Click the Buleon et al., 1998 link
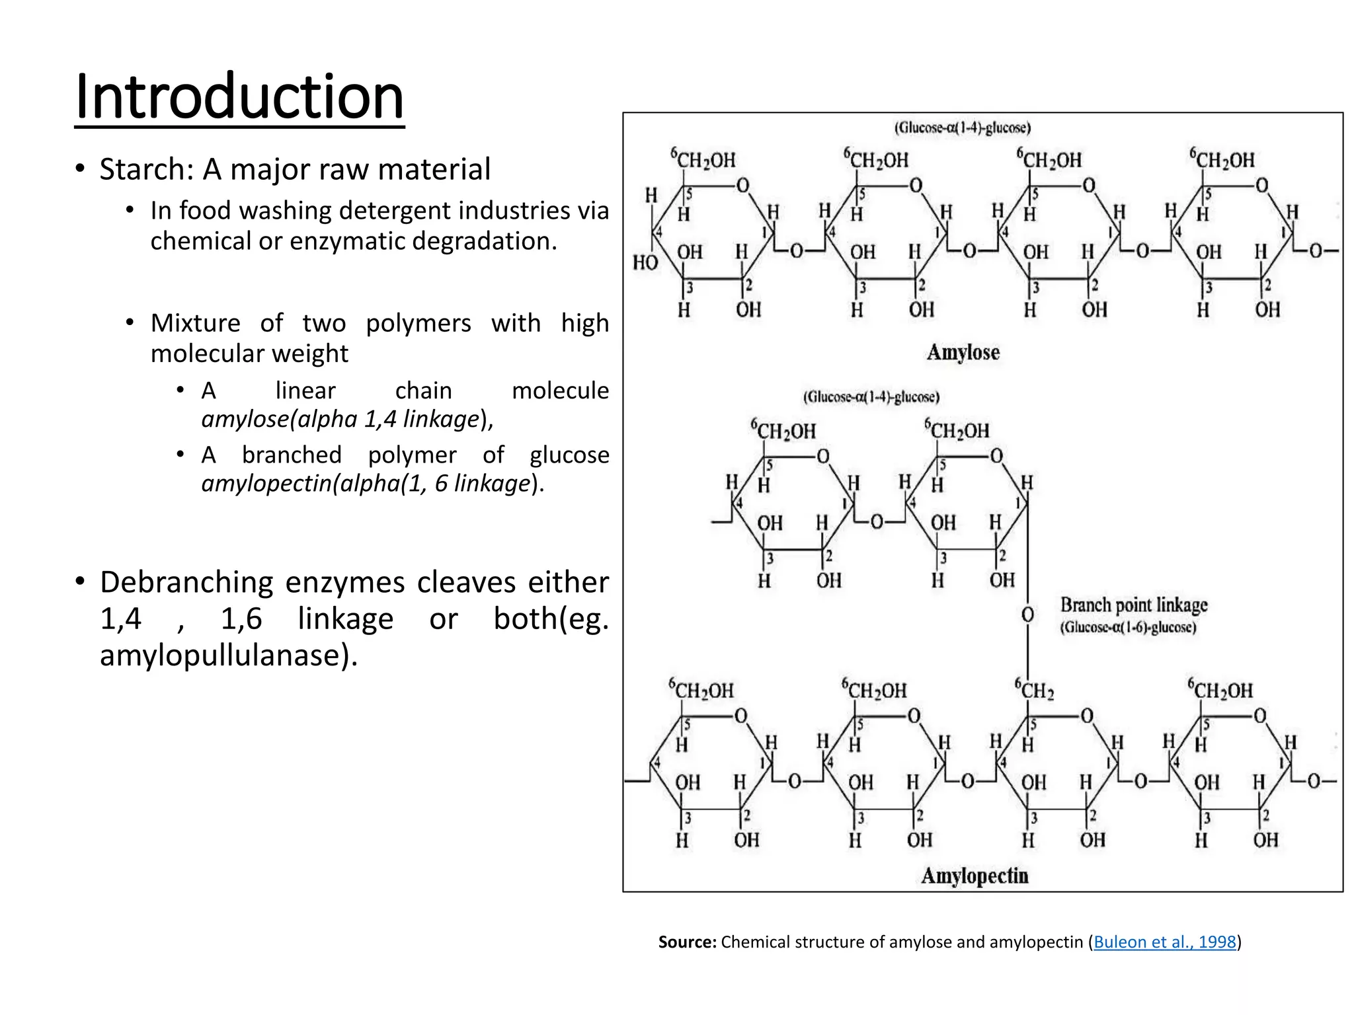(1164, 942)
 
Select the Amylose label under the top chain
(963, 352)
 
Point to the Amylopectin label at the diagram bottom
(975, 876)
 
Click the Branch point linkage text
(1134, 605)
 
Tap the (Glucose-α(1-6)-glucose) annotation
(1129, 628)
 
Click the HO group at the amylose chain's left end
(645, 263)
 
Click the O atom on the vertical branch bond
(1027, 615)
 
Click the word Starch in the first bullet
(142, 169)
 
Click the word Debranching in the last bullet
(186, 583)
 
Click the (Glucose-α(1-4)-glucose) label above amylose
(963, 128)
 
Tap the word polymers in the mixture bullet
(418, 324)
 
